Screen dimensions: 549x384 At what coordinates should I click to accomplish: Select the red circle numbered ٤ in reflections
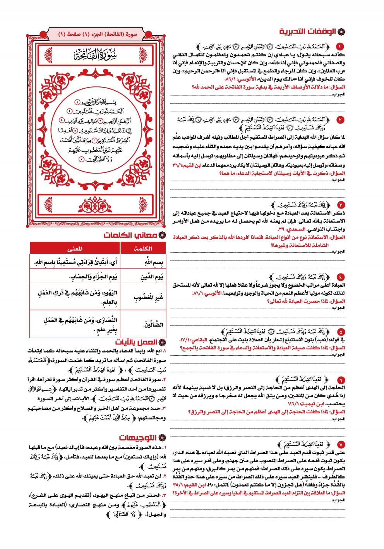pos(341,277)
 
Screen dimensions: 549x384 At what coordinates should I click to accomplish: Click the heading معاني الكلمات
pos(130,235)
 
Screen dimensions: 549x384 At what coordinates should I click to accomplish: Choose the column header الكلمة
pos(142,248)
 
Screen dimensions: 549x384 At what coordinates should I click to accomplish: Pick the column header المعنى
pos(75,248)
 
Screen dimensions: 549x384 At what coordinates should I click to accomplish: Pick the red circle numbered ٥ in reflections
pos(341,332)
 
